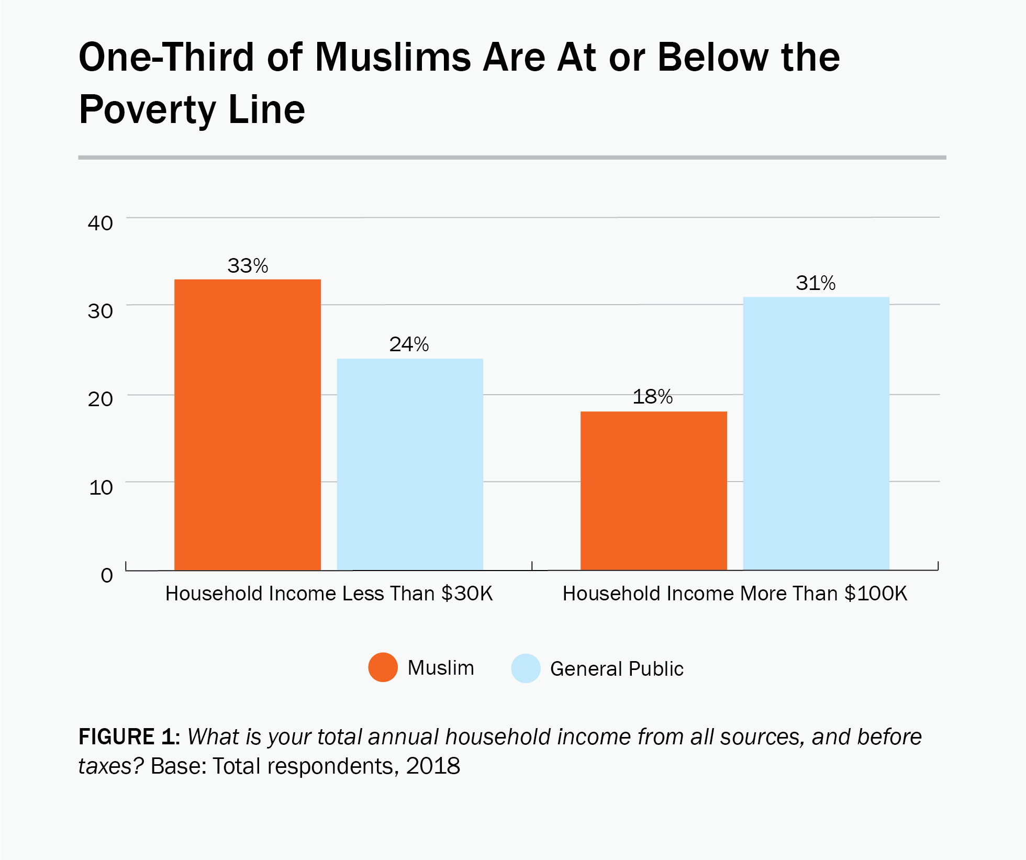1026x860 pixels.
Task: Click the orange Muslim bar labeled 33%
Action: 247,424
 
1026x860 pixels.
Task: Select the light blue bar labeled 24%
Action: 409,464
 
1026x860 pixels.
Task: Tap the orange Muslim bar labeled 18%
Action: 653,490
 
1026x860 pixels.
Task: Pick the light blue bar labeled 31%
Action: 816,433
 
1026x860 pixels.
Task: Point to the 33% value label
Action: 247,266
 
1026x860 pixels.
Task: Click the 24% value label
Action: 409,344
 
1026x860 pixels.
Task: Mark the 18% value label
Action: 652,397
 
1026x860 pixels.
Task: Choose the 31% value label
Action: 816,283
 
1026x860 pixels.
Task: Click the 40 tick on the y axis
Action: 101,224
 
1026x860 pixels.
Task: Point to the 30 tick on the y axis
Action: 101,311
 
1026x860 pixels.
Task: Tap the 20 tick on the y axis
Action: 101,399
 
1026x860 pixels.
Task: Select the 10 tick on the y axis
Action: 101,488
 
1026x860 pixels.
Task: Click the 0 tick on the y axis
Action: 107,575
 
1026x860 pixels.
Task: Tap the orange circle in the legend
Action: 383,667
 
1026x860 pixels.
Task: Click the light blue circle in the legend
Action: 526,668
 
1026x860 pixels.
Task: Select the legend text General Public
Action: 617,669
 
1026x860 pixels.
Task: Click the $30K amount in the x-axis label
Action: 467,594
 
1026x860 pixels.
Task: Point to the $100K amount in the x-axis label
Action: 876,594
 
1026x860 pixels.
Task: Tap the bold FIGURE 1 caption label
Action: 129,736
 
